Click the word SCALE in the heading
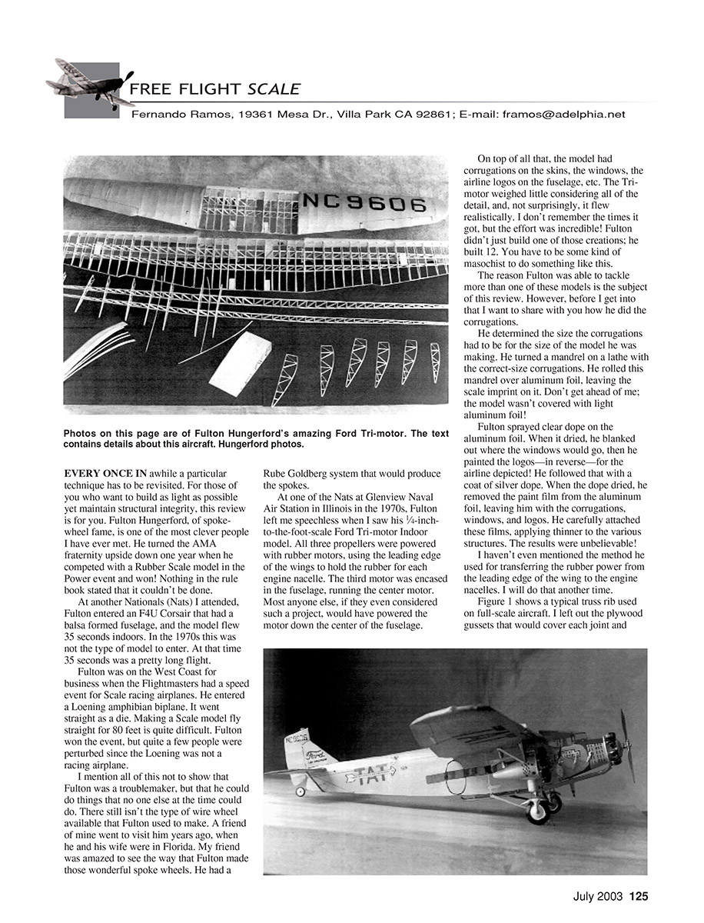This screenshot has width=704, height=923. click(274, 89)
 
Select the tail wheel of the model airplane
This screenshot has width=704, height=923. click(300, 791)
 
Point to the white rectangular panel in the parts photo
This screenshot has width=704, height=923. click(240, 365)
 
